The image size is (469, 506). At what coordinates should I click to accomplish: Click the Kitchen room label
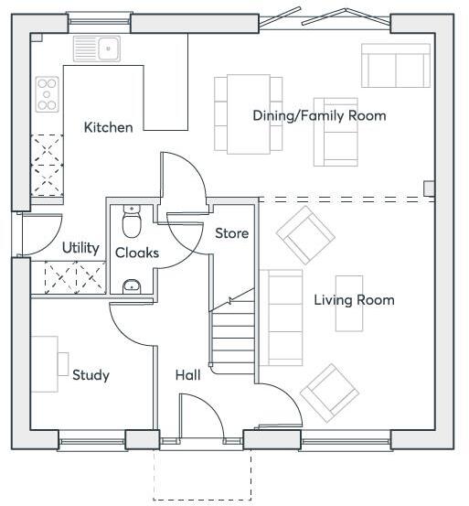click(x=108, y=127)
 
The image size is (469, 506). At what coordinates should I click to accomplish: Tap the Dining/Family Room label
click(x=319, y=115)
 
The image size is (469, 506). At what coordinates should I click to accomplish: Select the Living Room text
click(x=354, y=300)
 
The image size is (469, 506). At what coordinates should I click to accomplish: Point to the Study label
click(x=91, y=375)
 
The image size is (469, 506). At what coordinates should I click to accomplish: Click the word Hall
click(x=187, y=375)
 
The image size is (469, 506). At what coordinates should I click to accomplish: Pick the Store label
click(x=231, y=233)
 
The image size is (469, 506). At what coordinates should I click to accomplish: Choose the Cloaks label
click(x=136, y=253)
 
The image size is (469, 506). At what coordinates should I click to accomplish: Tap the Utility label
click(x=80, y=248)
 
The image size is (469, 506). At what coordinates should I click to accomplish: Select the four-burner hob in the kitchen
click(x=47, y=94)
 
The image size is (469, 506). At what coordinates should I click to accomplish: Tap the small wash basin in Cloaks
click(x=132, y=286)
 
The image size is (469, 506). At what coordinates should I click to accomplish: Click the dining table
click(x=249, y=113)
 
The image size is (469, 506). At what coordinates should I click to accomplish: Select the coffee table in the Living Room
click(x=349, y=303)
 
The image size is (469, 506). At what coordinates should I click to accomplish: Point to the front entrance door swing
click(x=203, y=416)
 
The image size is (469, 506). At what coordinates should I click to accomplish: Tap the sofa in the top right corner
click(x=395, y=64)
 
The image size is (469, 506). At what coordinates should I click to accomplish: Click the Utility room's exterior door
click(x=38, y=235)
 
